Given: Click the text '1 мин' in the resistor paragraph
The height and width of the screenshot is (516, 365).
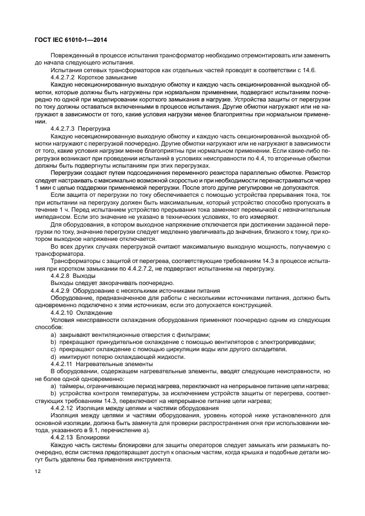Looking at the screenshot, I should [x=43, y=187].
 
